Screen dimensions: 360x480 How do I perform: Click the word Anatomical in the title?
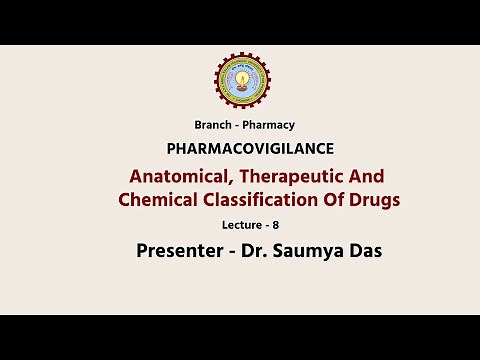coord(178,176)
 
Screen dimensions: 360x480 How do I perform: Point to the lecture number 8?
coord(276,226)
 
